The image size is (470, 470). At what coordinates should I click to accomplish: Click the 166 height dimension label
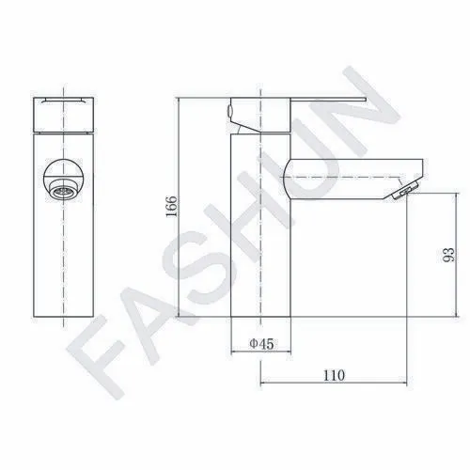[171, 207]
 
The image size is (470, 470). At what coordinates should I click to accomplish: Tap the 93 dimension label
[448, 255]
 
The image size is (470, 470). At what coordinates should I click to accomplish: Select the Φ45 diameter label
[261, 344]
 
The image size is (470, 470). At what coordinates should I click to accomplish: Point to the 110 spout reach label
[334, 375]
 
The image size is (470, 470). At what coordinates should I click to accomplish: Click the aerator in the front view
[63, 190]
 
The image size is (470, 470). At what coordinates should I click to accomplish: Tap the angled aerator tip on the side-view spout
[404, 192]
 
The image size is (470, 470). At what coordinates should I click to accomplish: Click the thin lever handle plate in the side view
[328, 100]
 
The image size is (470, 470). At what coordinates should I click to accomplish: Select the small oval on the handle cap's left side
[229, 111]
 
